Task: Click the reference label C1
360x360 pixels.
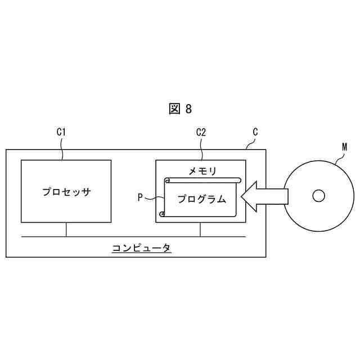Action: (62, 132)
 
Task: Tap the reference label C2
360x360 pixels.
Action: (201, 132)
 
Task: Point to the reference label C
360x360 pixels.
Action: (255, 132)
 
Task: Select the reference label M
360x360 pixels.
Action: (344, 147)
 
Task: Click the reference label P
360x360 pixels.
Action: (141, 197)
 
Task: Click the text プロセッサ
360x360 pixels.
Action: (66, 191)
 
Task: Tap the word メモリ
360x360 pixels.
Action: (201, 170)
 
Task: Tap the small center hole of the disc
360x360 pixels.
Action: (318, 196)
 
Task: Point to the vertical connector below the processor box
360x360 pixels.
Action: (66, 229)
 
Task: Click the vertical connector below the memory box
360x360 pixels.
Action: (201, 229)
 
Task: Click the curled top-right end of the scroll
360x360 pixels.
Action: (238, 181)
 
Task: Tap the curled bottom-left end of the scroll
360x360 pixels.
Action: (162, 214)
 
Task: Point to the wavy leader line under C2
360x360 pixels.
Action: (201, 149)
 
